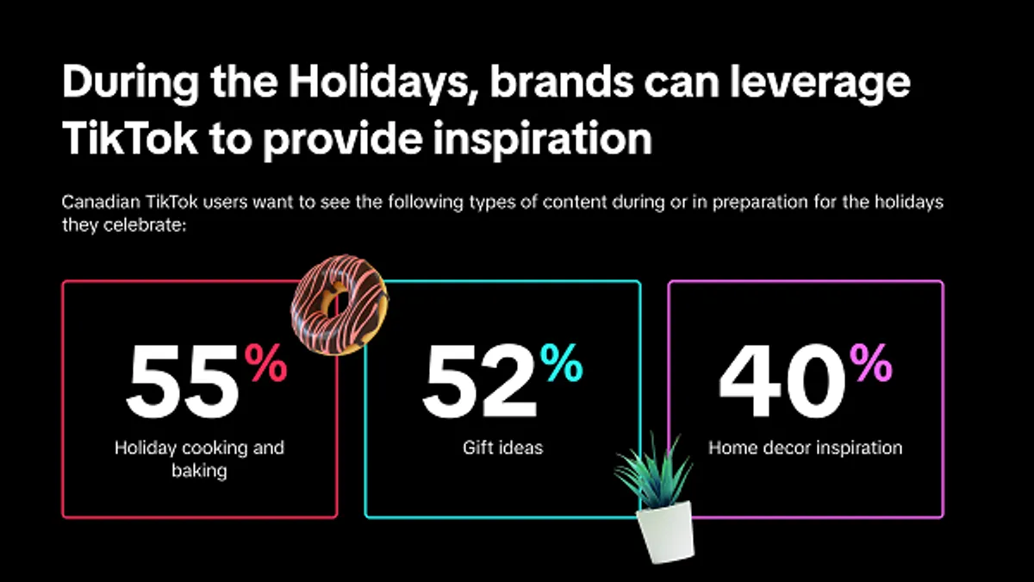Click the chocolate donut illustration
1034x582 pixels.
tap(339, 305)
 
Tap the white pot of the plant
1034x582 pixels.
tap(665, 532)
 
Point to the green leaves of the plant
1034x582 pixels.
tap(655, 471)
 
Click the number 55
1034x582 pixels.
tap(183, 381)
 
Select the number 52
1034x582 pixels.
tap(480, 381)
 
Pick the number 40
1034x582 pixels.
tap(782, 381)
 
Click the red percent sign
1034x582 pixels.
tap(266, 363)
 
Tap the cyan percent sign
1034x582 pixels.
tap(562, 363)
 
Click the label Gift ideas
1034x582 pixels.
tap(502, 447)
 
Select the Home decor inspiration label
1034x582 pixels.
tap(806, 447)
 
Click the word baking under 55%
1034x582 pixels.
tap(199, 471)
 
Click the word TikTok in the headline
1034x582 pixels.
tap(130, 138)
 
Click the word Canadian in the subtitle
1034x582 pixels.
tap(101, 202)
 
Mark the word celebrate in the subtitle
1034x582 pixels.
tap(145, 225)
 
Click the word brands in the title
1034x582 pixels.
tap(562, 81)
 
